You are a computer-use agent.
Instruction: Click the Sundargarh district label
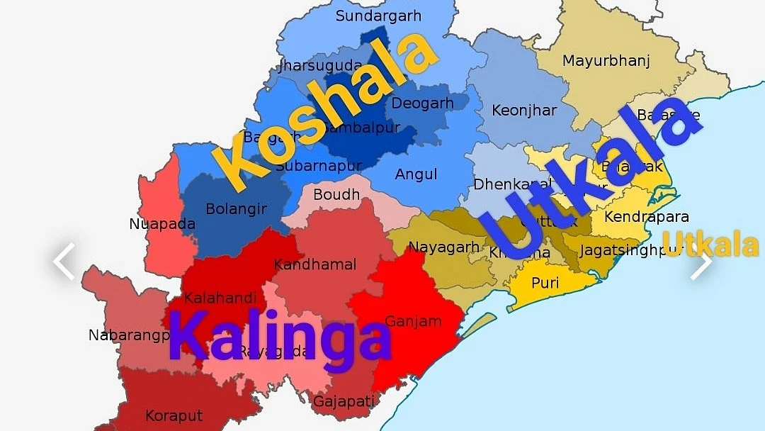[x=378, y=16]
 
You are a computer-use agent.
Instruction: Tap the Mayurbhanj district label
[x=606, y=61]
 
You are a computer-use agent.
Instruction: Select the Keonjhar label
[x=524, y=111]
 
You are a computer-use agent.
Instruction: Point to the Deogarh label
[x=422, y=103]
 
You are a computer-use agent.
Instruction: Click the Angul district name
[x=416, y=174]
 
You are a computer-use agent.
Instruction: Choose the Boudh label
[x=336, y=194]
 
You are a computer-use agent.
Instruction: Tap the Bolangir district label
[x=236, y=209]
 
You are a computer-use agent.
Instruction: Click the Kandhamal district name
[x=315, y=264]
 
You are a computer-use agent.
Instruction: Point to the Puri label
[x=545, y=283]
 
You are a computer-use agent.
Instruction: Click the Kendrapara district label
[x=646, y=217]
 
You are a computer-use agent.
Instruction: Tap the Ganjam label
[x=413, y=321]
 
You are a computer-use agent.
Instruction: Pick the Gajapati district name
[x=344, y=402]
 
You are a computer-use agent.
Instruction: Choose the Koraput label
[x=174, y=415]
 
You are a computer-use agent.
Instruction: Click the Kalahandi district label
[x=220, y=298]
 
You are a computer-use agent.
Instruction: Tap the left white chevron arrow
[x=64, y=262]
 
